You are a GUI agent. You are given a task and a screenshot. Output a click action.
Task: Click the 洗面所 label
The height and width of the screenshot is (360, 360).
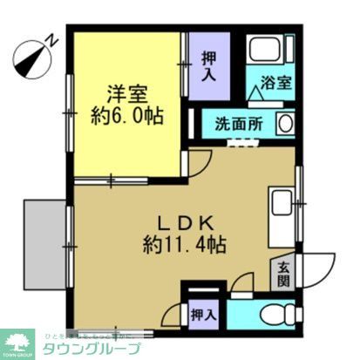[237, 124]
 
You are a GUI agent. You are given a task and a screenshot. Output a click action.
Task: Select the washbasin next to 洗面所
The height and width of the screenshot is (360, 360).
[285, 123]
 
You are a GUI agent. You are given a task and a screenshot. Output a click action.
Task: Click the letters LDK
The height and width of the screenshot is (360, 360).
[184, 220]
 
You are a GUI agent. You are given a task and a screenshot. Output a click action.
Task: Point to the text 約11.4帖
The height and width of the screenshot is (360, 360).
[184, 244]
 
